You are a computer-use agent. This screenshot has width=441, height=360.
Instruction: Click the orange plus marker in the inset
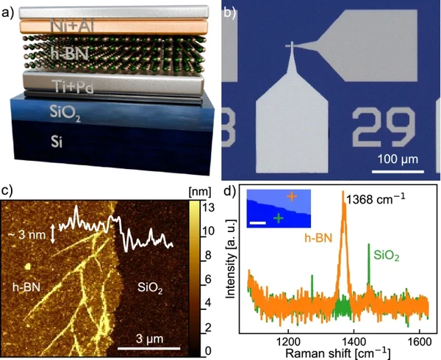(291, 196)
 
